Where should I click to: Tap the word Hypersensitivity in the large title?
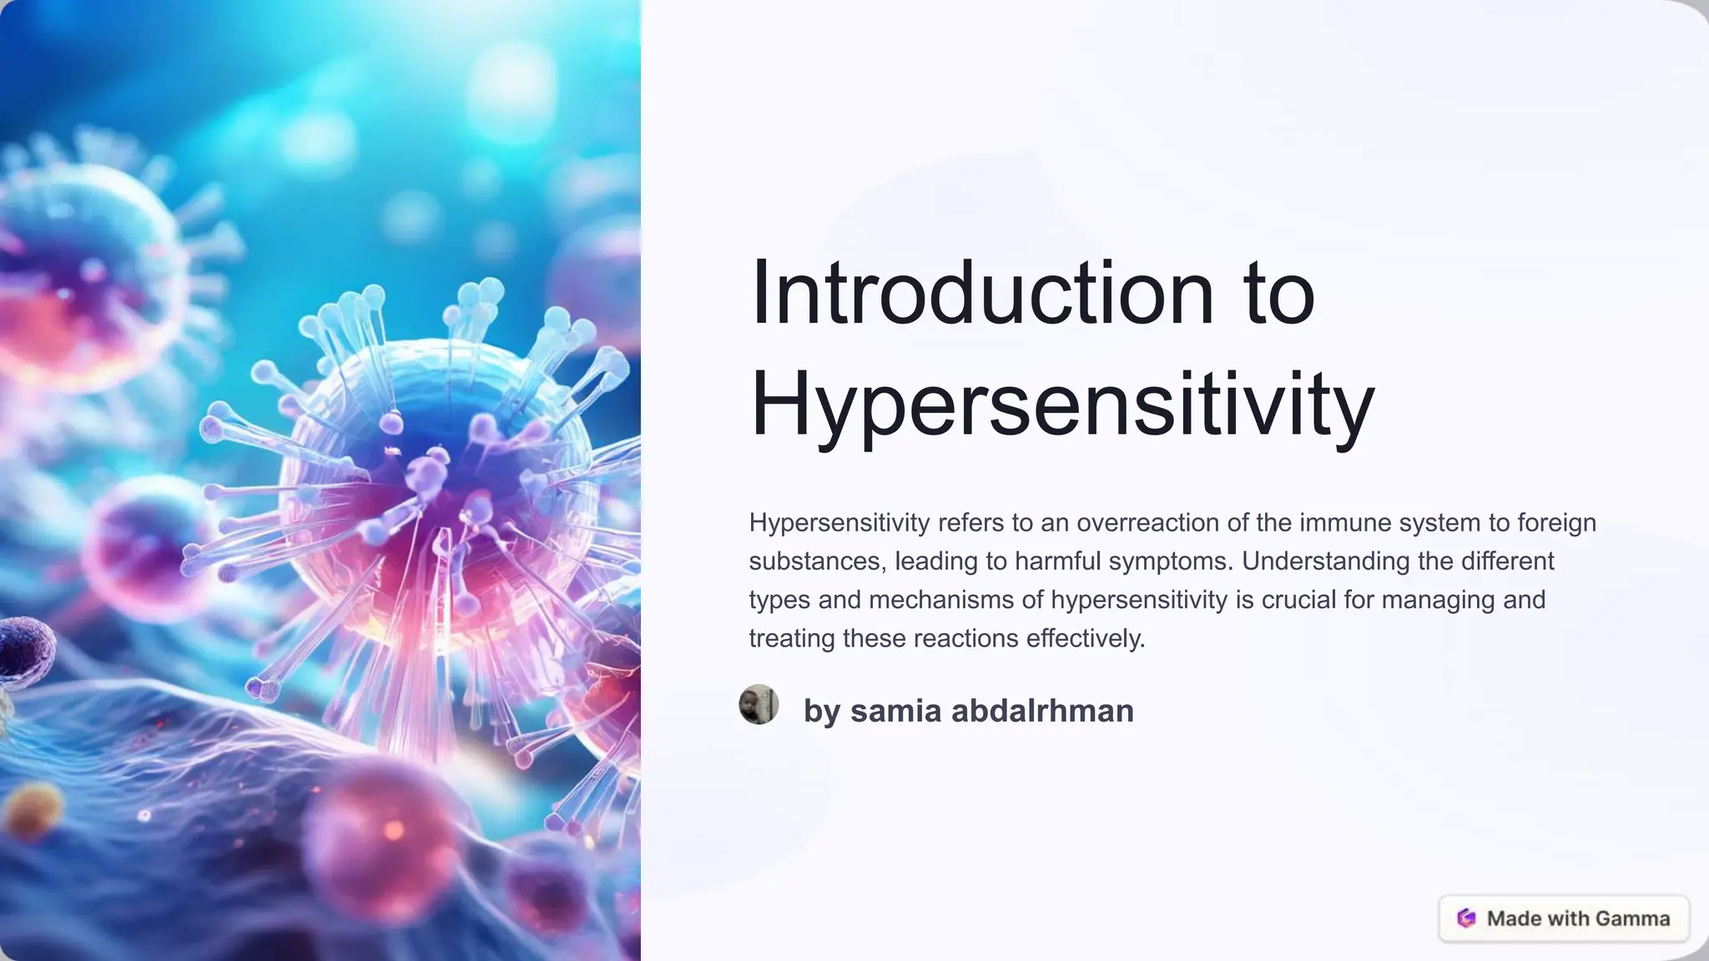click(1061, 404)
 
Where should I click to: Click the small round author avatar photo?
click(759, 705)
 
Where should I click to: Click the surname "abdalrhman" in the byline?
click(1042, 711)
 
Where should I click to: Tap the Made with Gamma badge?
click(1564, 918)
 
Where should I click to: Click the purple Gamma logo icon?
click(1466, 918)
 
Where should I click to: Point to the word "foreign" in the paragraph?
click(1556, 523)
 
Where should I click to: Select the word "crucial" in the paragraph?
click(1298, 600)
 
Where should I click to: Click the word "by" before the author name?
click(821, 712)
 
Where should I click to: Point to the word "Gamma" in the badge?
click(1633, 918)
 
